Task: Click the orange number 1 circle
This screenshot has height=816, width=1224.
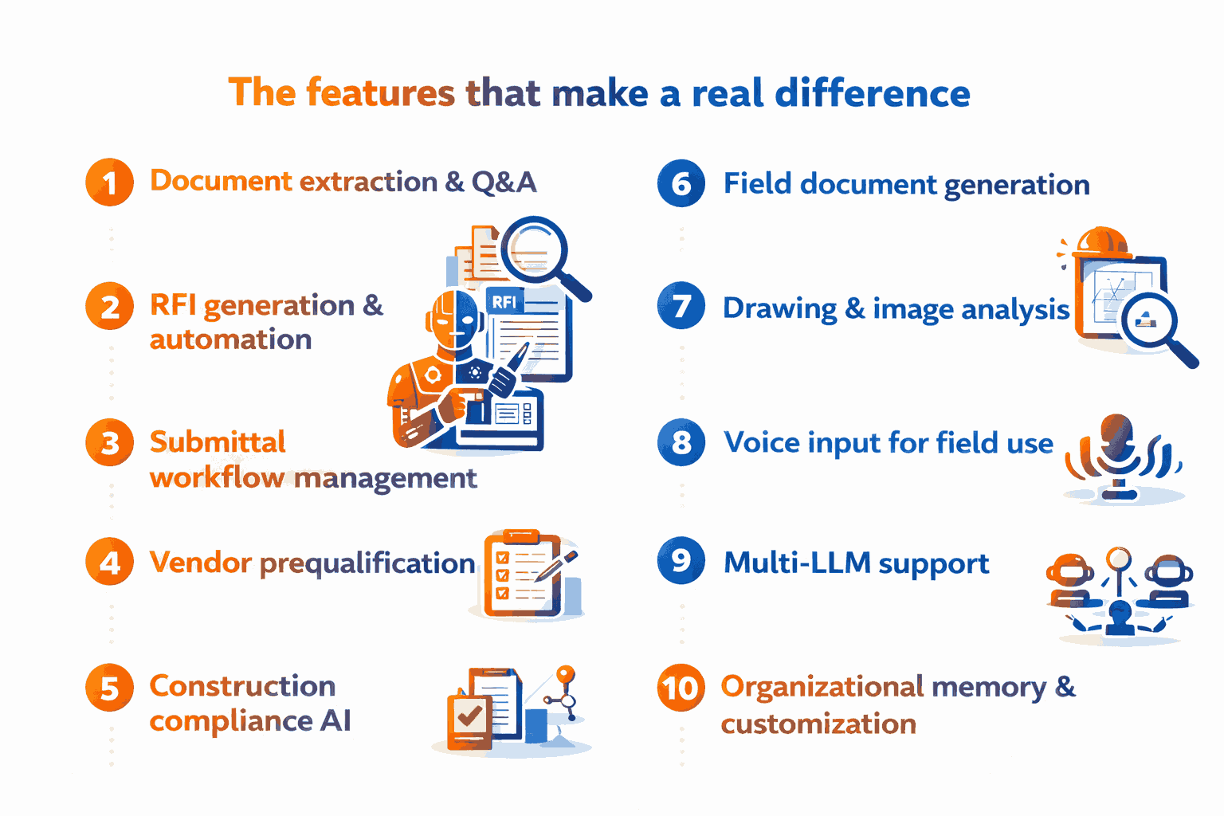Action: [109, 182]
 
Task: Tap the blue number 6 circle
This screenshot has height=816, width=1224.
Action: [681, 183]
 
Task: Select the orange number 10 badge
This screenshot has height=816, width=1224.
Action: [681, 687]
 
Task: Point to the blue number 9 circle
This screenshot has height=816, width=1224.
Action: [681, 560]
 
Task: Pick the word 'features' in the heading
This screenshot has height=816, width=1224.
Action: [380, 92]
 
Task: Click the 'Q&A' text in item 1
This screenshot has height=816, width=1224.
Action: [504, 182]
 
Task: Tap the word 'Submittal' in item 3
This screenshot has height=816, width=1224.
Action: [218, 441]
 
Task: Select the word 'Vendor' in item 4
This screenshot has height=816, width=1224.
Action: [201, 563]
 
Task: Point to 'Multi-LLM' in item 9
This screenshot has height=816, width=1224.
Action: [797, 563]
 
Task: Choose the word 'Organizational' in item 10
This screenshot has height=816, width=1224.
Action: [822, 686]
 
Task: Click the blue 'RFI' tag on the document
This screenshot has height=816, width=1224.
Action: [504, 301]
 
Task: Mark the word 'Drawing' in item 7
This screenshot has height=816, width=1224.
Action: [779, 308]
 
